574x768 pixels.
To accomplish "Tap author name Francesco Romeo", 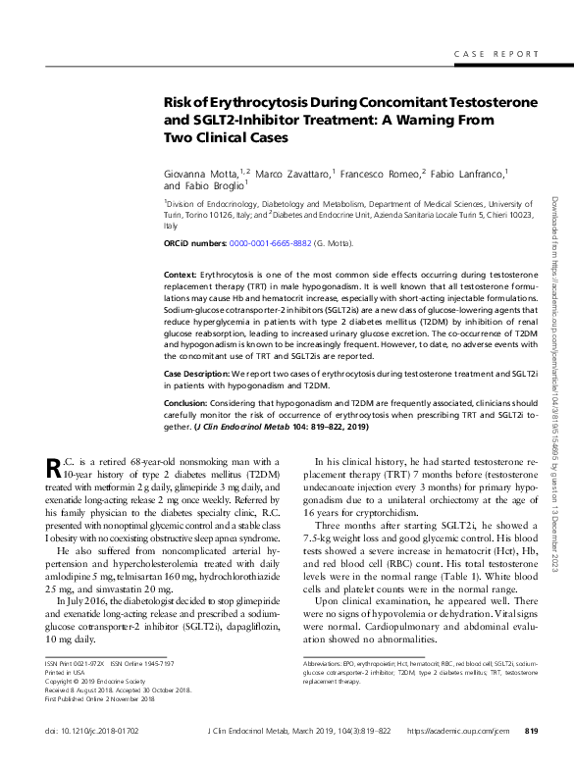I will pyautogui.click(x=379, y=173).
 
